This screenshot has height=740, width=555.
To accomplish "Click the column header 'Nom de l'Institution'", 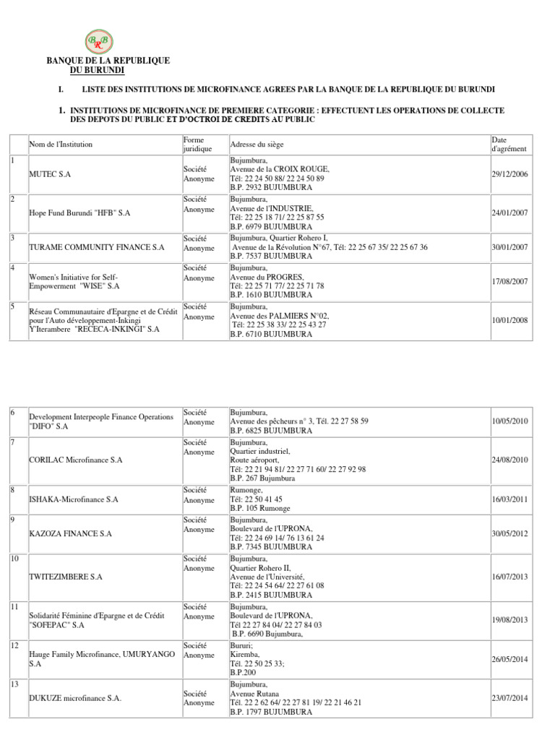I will pos(61,145).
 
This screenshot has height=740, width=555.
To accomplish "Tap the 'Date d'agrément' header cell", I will pos(509,144).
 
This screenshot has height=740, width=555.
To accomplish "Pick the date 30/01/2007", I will pos(510,247).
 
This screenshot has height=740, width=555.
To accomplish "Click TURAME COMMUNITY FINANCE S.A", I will pos(96,247).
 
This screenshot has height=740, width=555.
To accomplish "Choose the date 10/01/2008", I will pos(510,320).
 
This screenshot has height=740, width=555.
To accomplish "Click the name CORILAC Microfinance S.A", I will pos(76,460).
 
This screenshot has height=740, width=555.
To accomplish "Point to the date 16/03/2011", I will pos(510,499).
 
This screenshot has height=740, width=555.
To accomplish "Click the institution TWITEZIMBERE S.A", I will pos(65,577).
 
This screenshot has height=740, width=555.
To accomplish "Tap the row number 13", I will pos(14,684).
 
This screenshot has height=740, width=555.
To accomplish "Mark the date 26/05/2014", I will pos(510,659).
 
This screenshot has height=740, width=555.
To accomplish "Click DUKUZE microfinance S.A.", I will pos(75,698).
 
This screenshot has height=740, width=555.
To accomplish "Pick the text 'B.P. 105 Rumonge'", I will pos(260,509).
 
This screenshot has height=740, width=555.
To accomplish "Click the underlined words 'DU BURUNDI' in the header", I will pos(97,70).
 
